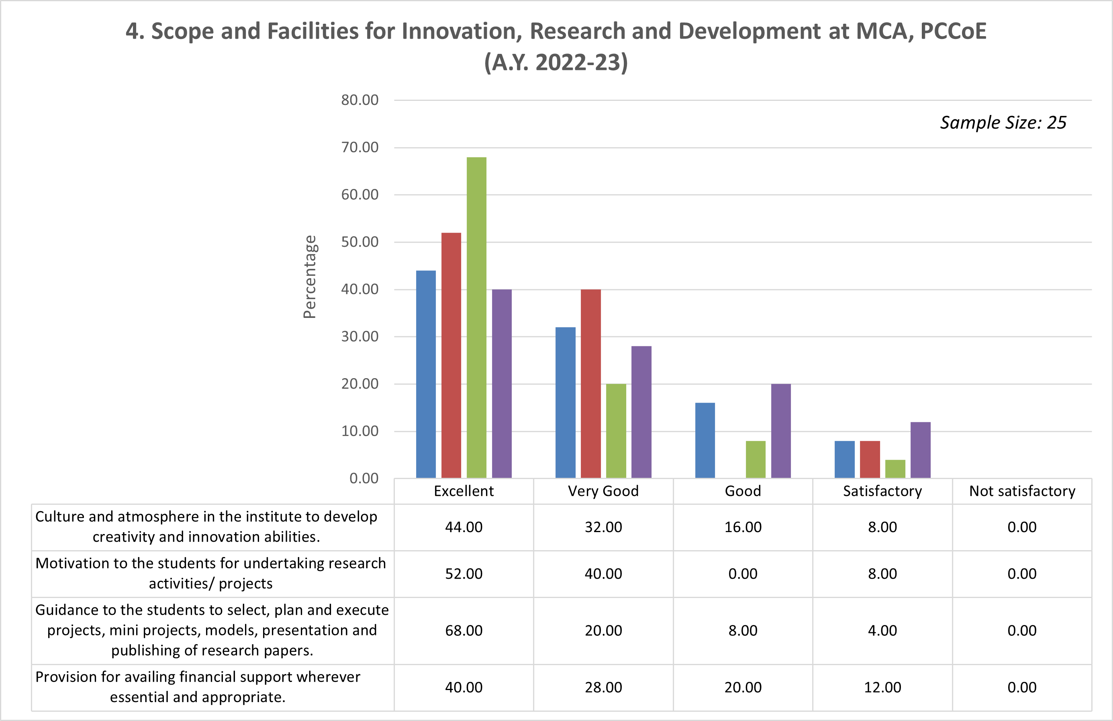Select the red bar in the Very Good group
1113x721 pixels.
[590, 384]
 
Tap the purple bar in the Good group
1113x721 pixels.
[780, 430]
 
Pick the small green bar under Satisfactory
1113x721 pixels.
[895, 469]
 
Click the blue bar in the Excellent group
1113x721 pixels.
[426, 374]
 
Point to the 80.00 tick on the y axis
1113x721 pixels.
[359, 100]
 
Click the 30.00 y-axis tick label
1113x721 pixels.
[359, 336]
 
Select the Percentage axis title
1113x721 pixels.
[310, 277]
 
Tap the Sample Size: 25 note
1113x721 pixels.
[1003, 123]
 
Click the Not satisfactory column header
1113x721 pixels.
[1022, 491]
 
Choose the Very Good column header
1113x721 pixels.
[603, 491]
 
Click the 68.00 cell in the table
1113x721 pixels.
[464, 631]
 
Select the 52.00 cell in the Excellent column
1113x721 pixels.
[464, 574]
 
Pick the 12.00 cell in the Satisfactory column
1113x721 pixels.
[882, 687]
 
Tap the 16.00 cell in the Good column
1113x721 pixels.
[743, 527]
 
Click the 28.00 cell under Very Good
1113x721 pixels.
[603, 687]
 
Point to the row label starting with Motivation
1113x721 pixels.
[211, 573]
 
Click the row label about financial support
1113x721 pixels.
[198, 687]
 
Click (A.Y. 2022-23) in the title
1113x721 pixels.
[556, 63]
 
